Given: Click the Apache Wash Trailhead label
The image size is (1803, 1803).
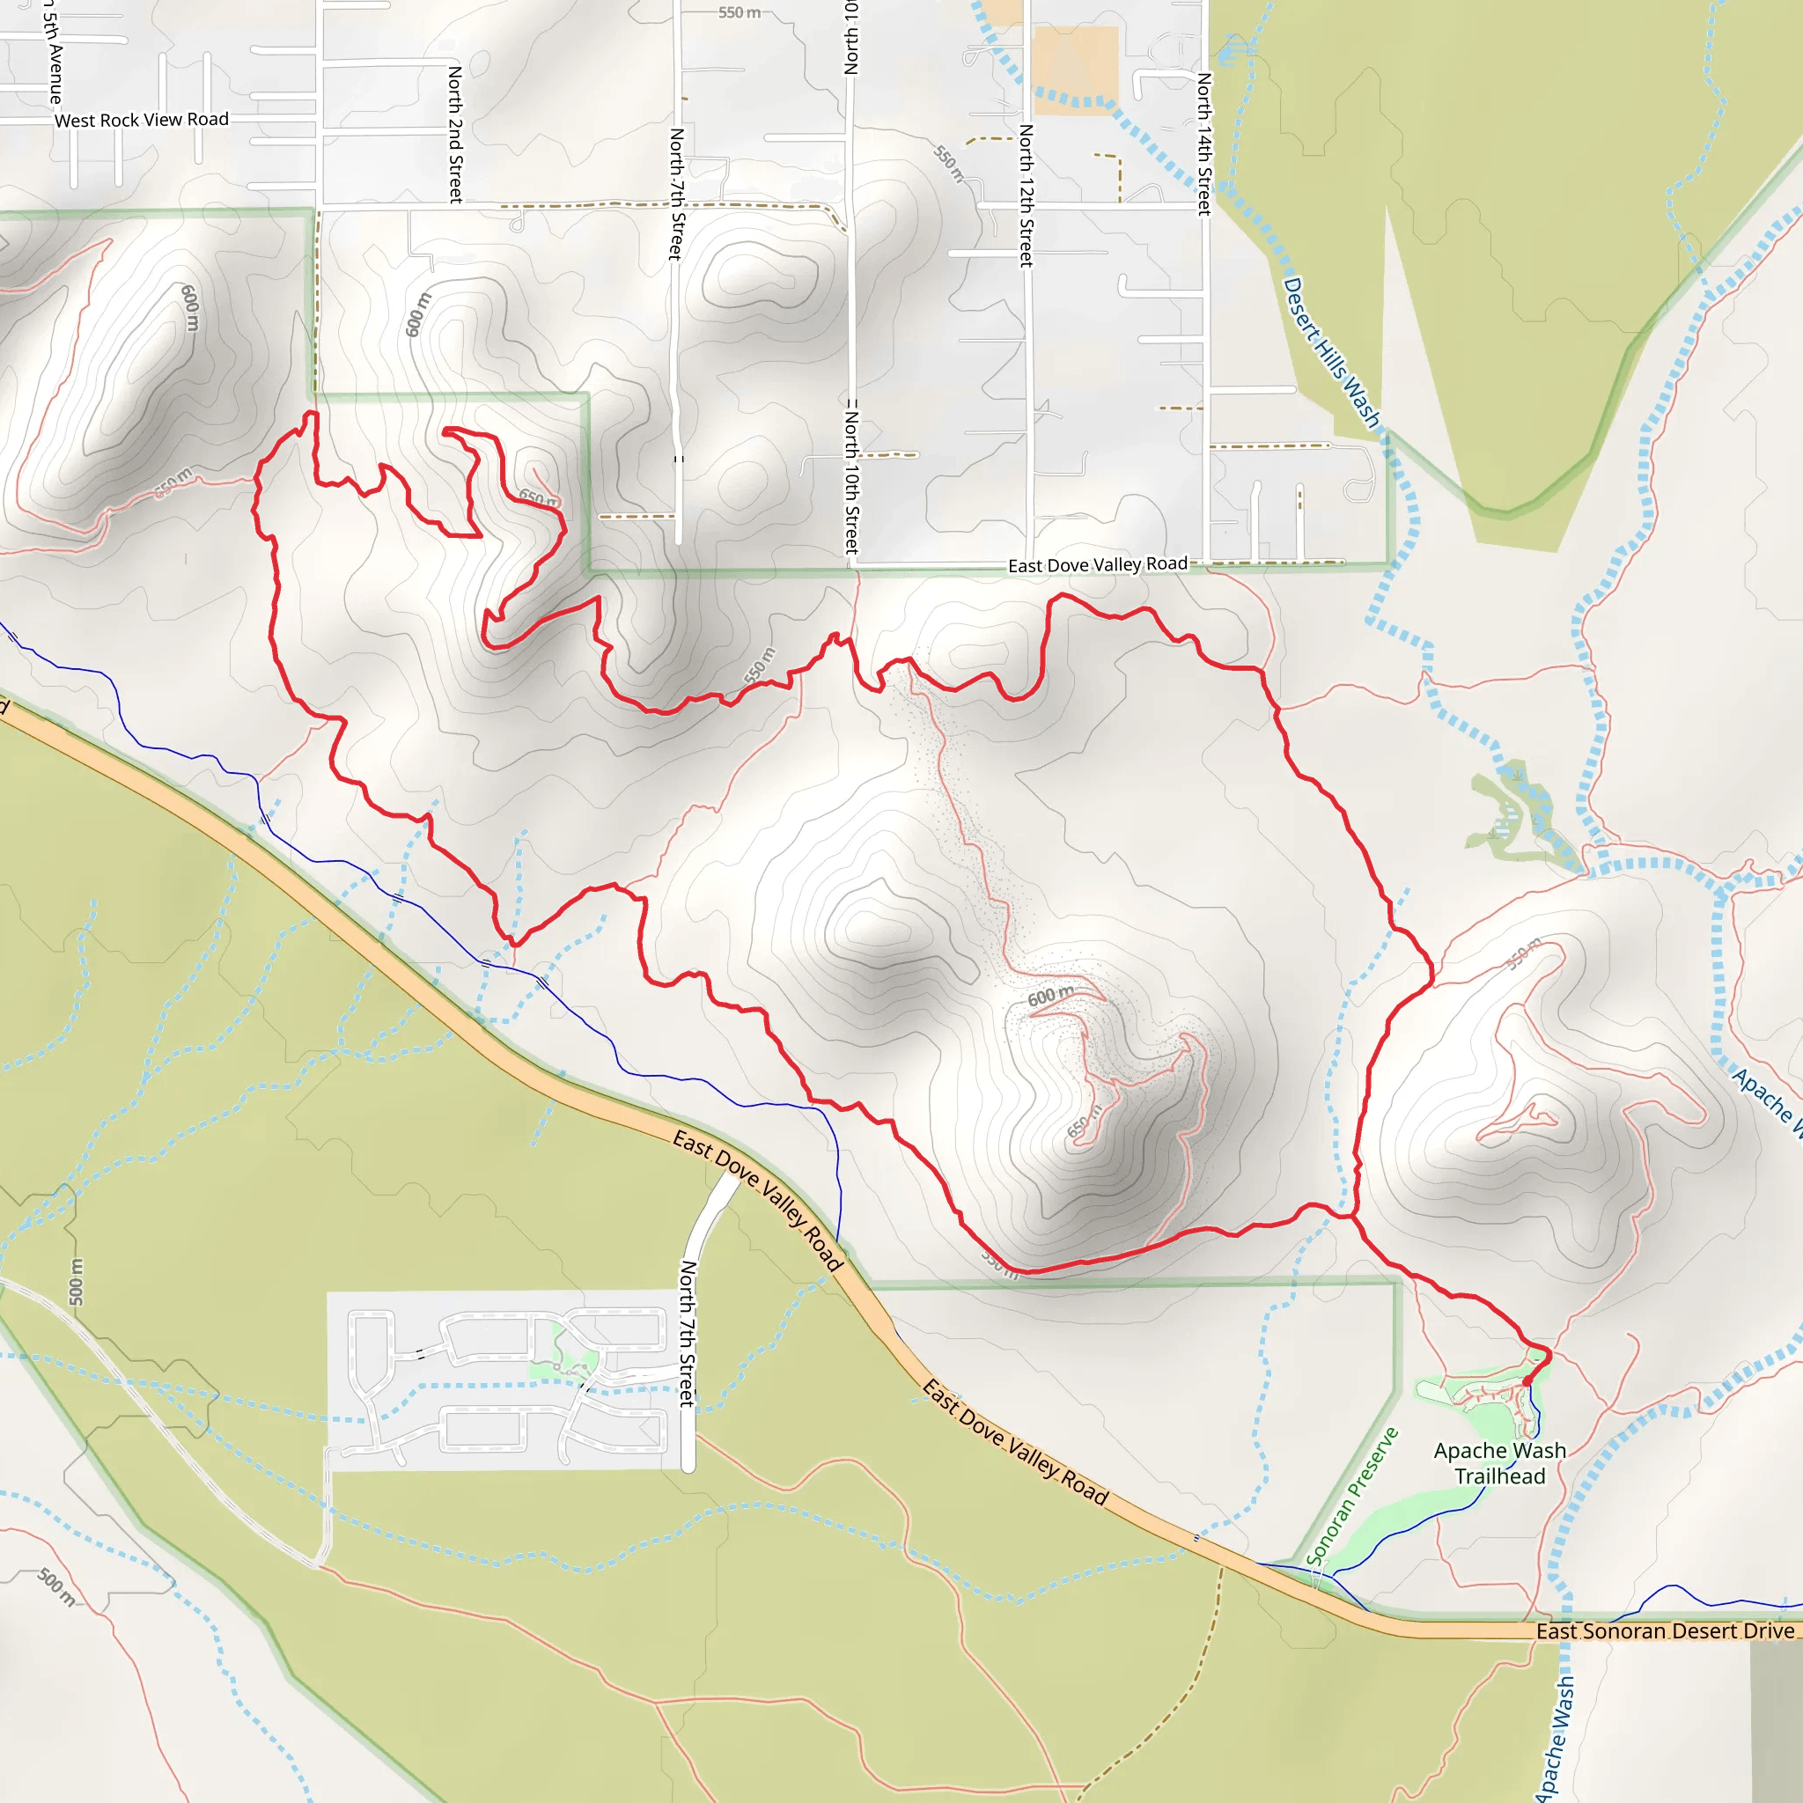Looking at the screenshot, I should point(1498,1463).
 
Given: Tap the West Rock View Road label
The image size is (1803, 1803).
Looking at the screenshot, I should point(141,120).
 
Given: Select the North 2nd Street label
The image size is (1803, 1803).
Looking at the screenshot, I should point(455,134).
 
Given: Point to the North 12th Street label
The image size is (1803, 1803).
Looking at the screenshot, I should point(1026,195).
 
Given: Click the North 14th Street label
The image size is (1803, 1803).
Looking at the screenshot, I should point(1203,144).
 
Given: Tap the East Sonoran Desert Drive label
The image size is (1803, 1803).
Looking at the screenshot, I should point(1665,1630).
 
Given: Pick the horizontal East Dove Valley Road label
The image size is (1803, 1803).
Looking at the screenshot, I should point(1098,564).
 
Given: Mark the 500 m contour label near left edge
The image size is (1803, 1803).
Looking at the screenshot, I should point(77,1282).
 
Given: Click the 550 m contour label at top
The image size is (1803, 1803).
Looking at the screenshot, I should point(740,12).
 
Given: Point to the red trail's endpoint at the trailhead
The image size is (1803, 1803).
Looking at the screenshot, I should point(1527,1381).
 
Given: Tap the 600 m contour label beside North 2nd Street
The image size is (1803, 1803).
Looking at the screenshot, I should point(418,314).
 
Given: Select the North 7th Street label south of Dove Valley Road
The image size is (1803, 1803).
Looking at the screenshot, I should point(688,1334).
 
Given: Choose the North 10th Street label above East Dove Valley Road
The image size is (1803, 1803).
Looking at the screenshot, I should point(851,476).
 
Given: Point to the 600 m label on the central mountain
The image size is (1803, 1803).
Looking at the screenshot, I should point(1051,997).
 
